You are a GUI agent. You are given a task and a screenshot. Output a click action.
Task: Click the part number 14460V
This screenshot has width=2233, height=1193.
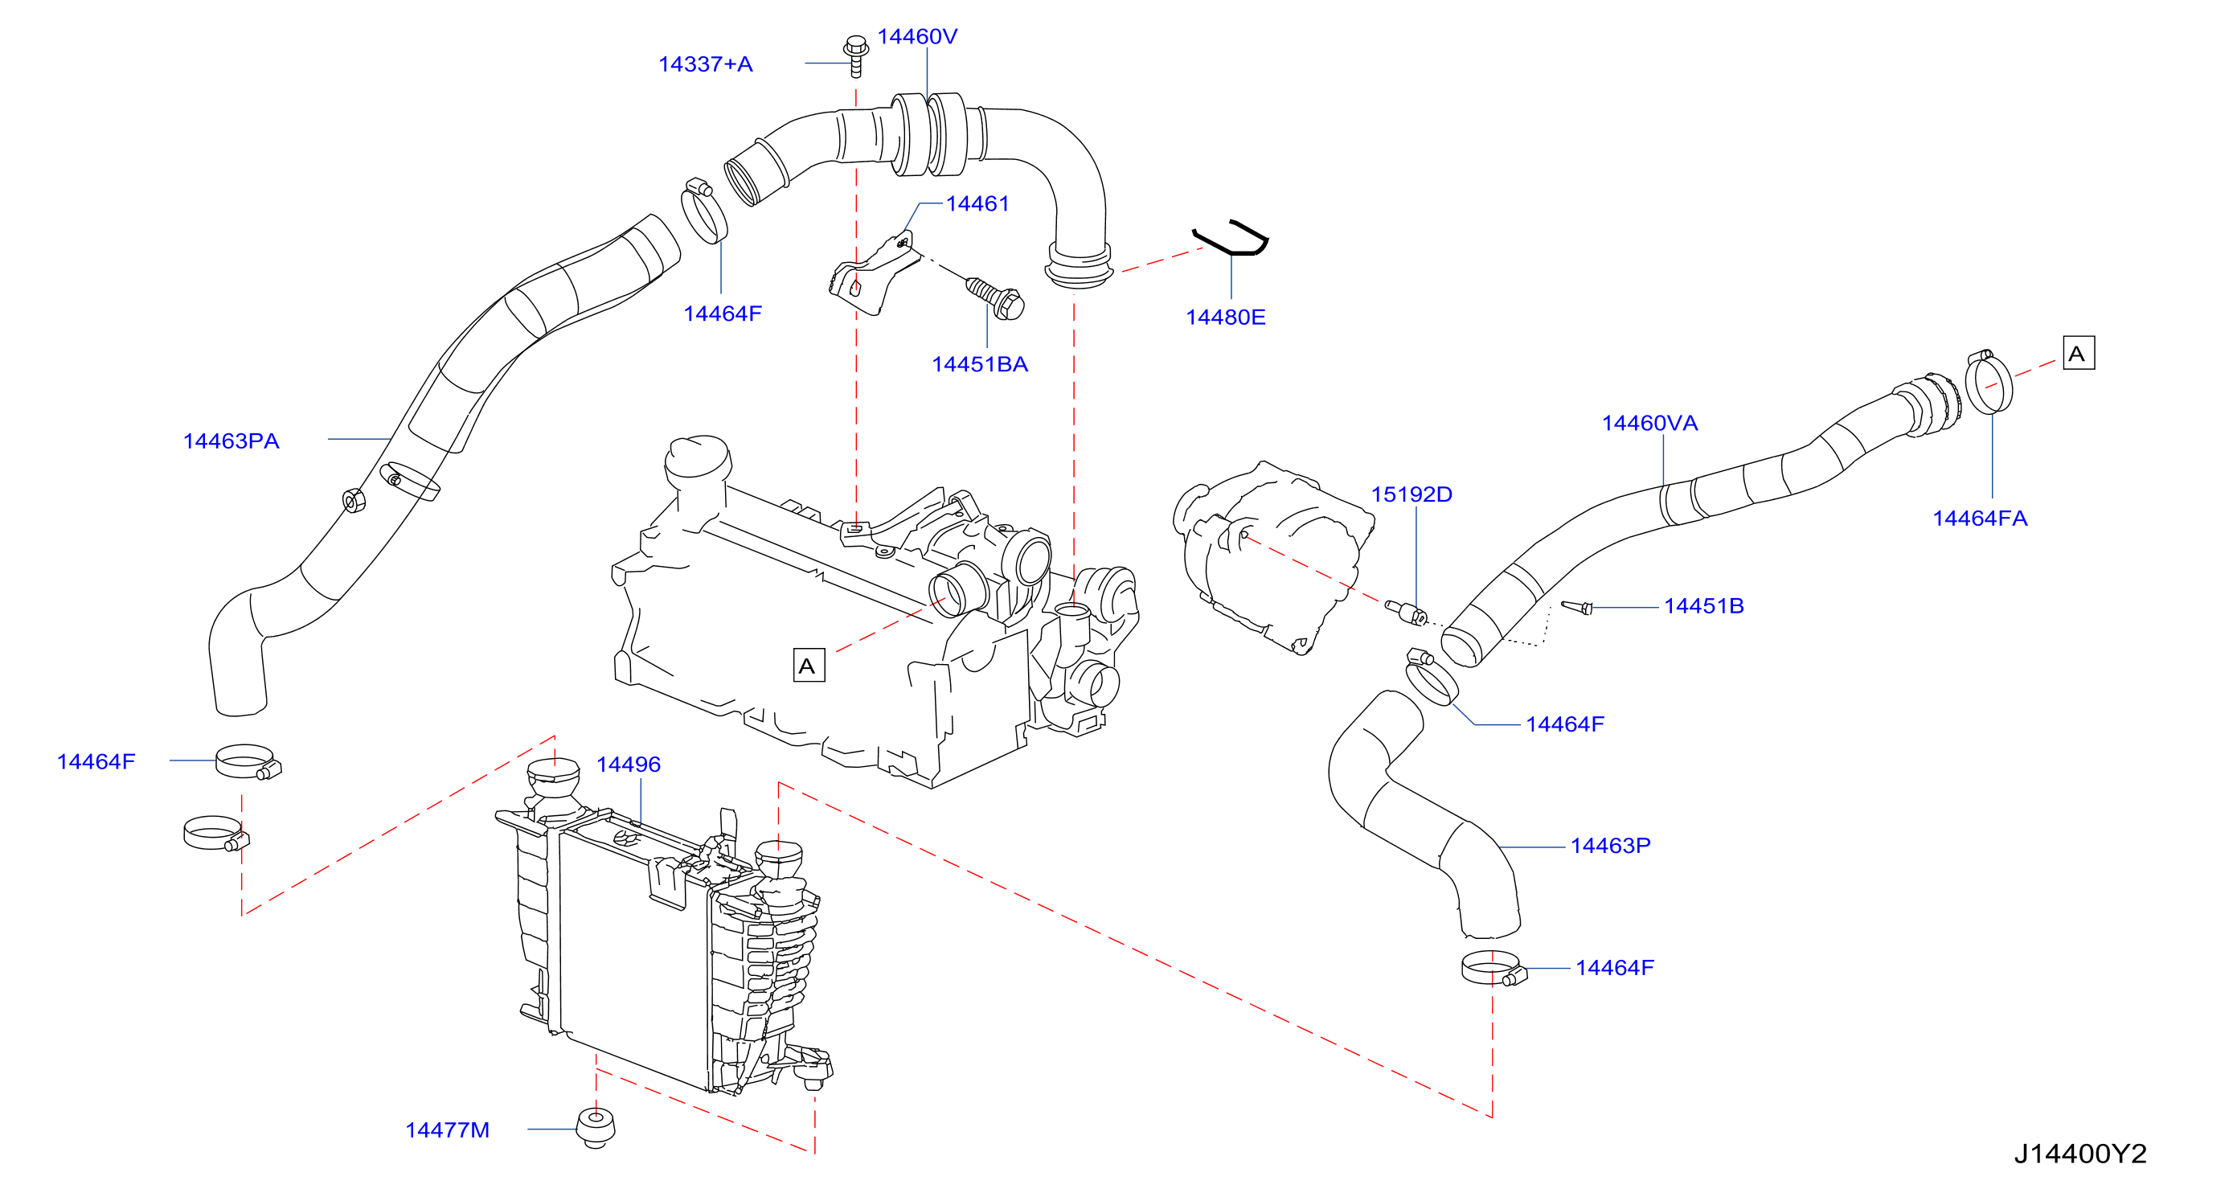point(917,36)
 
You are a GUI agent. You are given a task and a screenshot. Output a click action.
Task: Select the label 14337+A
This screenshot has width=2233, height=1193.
point(706,64)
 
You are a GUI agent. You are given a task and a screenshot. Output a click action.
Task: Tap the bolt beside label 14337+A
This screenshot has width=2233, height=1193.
point(855,55)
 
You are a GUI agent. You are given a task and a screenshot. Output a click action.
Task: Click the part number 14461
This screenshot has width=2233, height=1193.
point(977,203)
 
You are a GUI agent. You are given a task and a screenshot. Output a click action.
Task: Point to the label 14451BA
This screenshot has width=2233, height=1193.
point(980,364)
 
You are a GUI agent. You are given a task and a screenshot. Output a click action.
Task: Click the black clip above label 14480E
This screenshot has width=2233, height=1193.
point(1231,238)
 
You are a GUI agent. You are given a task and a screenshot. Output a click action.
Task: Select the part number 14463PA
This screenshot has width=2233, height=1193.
point(231,441)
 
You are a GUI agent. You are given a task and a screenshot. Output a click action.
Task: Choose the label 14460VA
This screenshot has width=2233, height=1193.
point(1649,423)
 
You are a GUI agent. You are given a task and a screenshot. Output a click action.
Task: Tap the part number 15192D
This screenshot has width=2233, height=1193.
point(1412,494)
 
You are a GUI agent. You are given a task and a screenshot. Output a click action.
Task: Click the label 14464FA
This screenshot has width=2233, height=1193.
point(1980,519)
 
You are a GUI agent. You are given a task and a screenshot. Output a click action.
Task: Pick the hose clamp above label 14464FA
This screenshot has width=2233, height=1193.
point(1989,383)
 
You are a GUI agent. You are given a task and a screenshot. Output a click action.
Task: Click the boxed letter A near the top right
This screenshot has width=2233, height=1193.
point(2079,353)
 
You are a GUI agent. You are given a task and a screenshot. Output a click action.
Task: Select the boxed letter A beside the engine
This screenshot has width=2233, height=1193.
point(809,665)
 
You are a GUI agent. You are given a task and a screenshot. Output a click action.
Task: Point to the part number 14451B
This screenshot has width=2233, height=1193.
point(1703,606)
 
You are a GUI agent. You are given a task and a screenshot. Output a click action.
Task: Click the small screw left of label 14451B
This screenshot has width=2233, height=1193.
point(1577,607)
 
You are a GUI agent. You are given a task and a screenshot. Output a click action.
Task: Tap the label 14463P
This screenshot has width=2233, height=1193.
point(1611,846)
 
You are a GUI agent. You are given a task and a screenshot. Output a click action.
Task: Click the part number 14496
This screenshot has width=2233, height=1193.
point(629,765)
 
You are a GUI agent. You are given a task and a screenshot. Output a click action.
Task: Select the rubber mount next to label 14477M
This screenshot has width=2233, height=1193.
point(596,1127)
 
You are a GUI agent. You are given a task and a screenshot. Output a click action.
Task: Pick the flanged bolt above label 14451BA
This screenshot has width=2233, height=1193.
point(996,297)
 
